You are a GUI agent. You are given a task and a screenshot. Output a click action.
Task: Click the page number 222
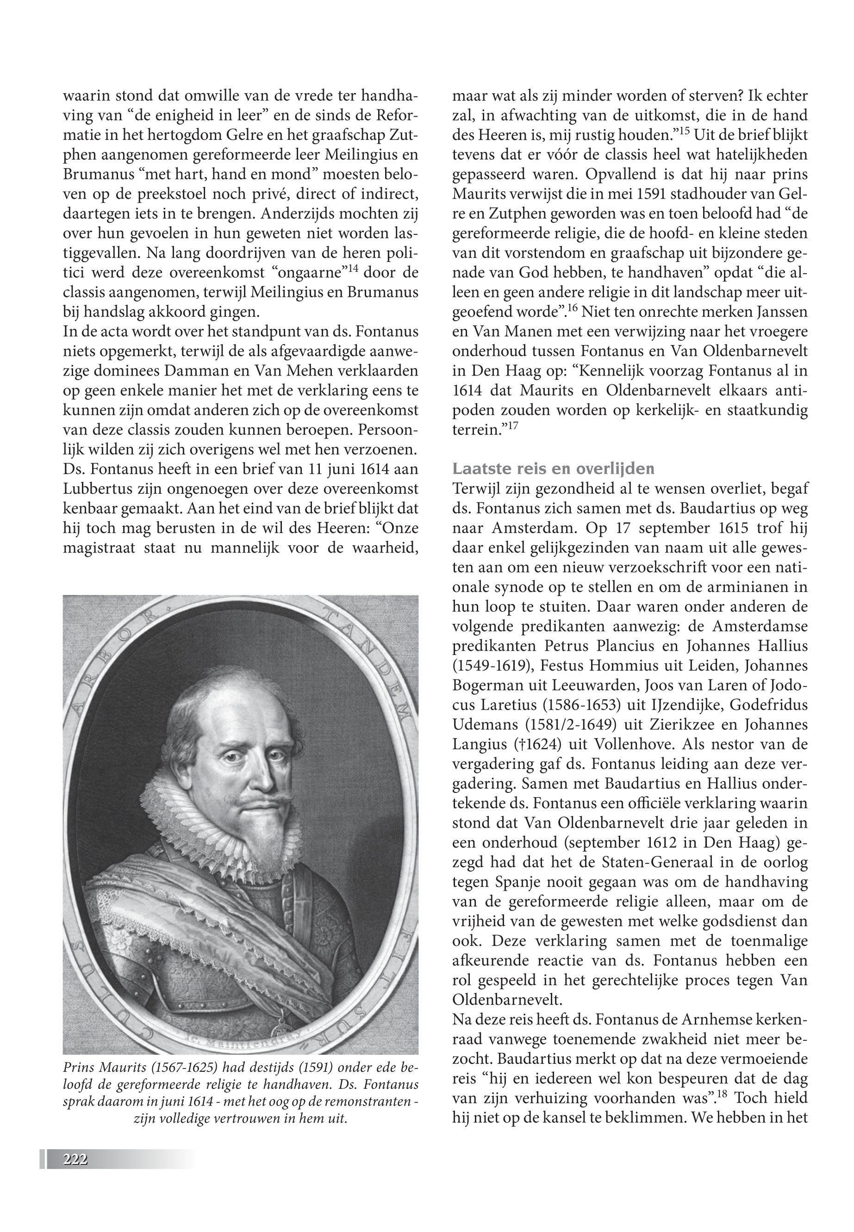point(75,1159)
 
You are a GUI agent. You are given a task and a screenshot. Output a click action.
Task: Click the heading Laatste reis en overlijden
point(553,469)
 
